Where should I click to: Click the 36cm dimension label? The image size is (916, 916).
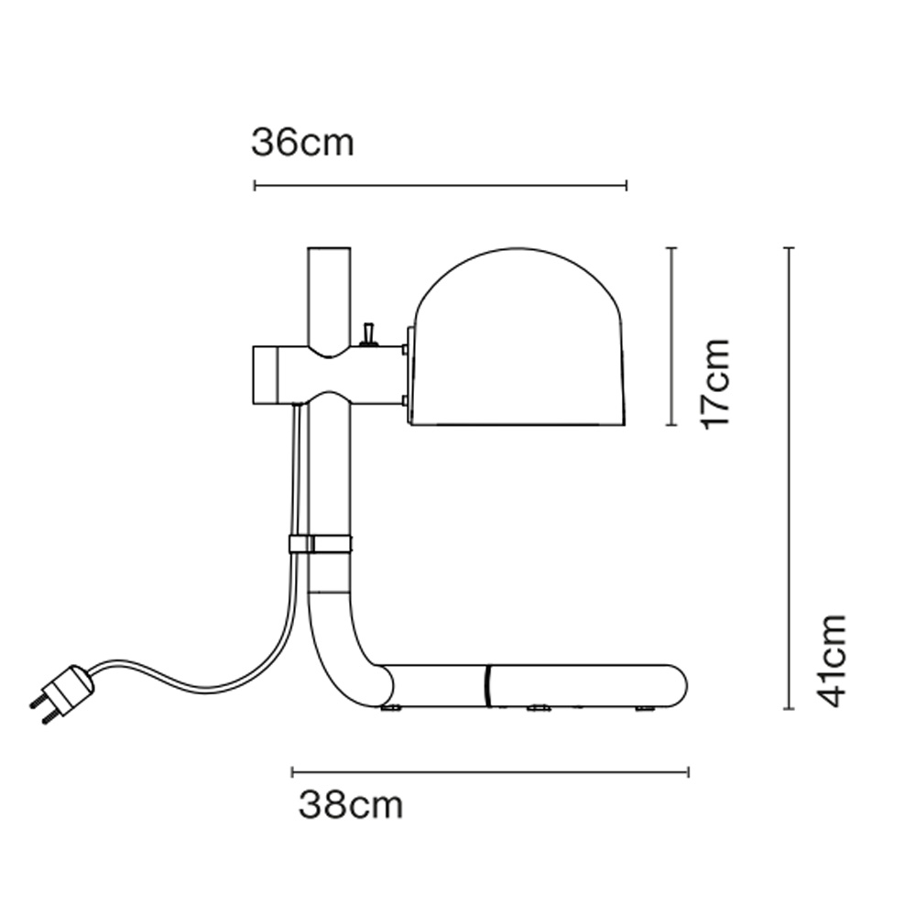(302, 143)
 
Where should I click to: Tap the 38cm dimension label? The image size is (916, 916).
(351, 805)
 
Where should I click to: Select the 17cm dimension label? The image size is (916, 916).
(715, 384)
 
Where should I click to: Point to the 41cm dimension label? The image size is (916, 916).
(831, 660)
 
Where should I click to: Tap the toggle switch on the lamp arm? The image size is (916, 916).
(368, 334)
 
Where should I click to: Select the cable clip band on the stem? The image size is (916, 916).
(321, 544)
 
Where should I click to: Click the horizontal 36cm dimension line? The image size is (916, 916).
(441, 186)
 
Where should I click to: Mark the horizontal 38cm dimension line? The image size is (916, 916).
(490, 772)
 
